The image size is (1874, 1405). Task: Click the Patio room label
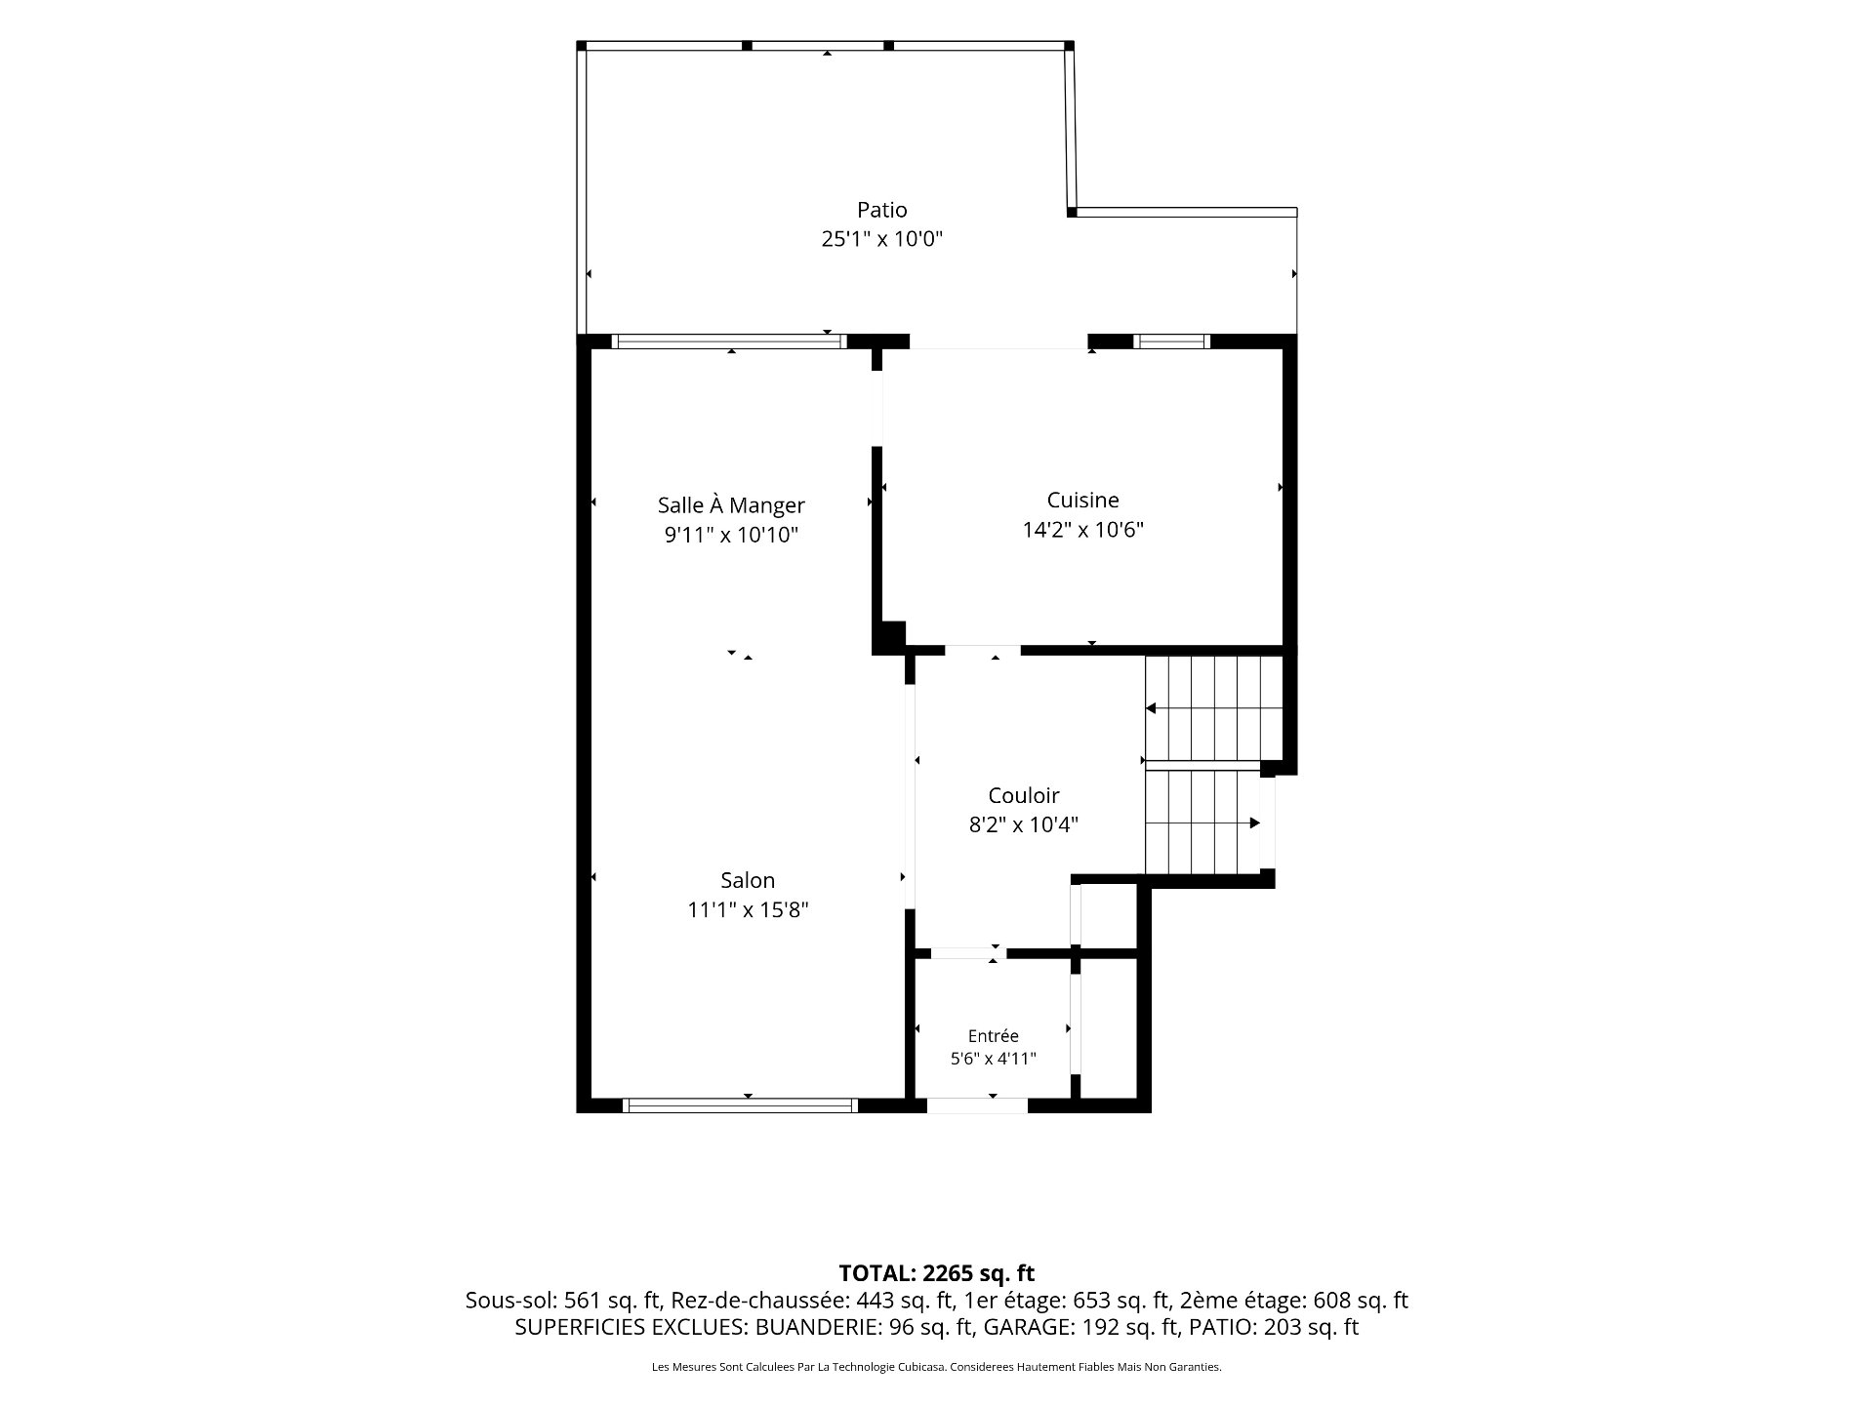[882, 210]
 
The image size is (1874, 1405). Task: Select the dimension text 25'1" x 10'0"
[882, 239]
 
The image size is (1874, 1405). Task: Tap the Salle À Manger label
[731, 505]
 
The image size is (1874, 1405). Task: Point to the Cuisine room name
[1082, 501]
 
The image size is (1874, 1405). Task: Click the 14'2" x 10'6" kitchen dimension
[1082, 530]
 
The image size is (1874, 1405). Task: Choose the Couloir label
[1023, 795]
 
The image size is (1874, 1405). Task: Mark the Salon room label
[748, 880]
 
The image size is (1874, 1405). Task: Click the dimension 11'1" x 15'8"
[748, 910]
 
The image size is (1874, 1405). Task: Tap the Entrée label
[993, 1036]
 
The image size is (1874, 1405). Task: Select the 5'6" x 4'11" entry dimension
[993, 1059]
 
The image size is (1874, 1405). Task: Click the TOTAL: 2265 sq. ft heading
[936, 1273]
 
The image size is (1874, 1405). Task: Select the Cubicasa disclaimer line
[936, 1368]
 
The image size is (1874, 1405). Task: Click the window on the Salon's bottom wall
[740, 1105]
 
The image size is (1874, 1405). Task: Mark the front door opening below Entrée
[977, 1105]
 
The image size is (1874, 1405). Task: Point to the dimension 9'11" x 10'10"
[731, 536]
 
